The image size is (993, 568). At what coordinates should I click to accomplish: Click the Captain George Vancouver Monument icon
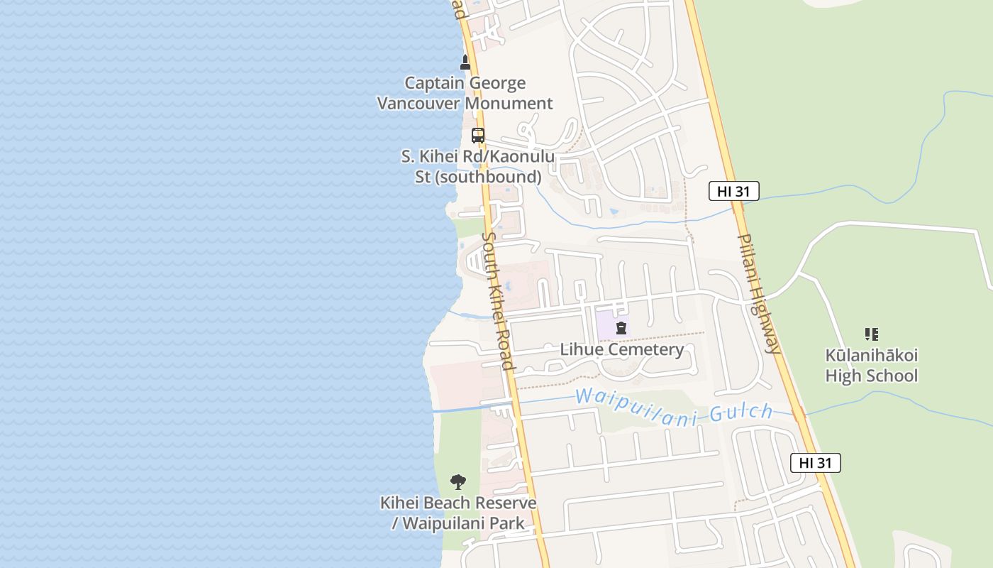click(x=465, y=62)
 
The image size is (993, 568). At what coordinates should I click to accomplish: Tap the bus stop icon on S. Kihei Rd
click(x=478, y=135)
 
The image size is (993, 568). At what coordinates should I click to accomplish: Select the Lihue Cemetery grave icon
click(x=621, y=328)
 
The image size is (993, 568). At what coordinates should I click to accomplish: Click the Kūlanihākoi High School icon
click(x=872, y=334)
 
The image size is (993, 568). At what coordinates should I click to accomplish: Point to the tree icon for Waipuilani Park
click(x=458, y=482)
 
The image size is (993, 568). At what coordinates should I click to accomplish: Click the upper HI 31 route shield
click(x=734, y=190)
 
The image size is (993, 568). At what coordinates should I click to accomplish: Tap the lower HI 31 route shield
click(x=816, y=463)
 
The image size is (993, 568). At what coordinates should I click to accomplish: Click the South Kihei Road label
click(x=497, y=300)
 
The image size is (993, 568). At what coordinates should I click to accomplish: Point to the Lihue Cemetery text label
click(x=622, y=349)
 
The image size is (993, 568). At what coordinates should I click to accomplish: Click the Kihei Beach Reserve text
click(x=458, y=503)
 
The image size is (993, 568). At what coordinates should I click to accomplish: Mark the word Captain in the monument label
click(x=434, y=83)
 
